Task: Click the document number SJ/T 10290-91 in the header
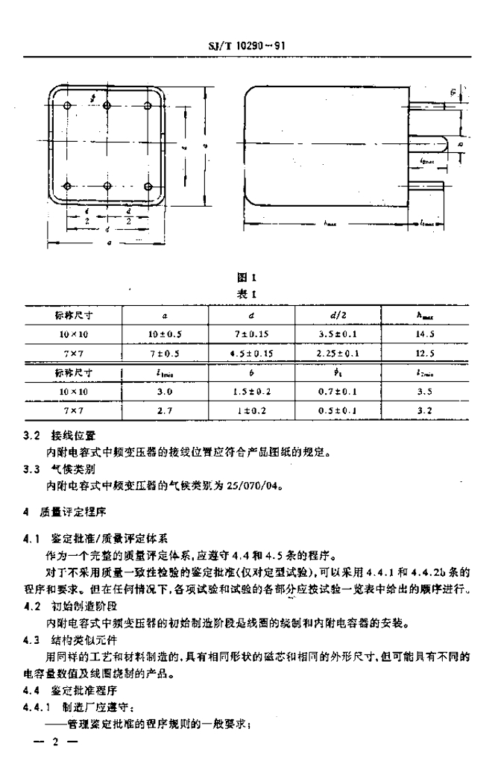249,46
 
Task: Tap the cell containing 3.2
426,409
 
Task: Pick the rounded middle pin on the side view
437,142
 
